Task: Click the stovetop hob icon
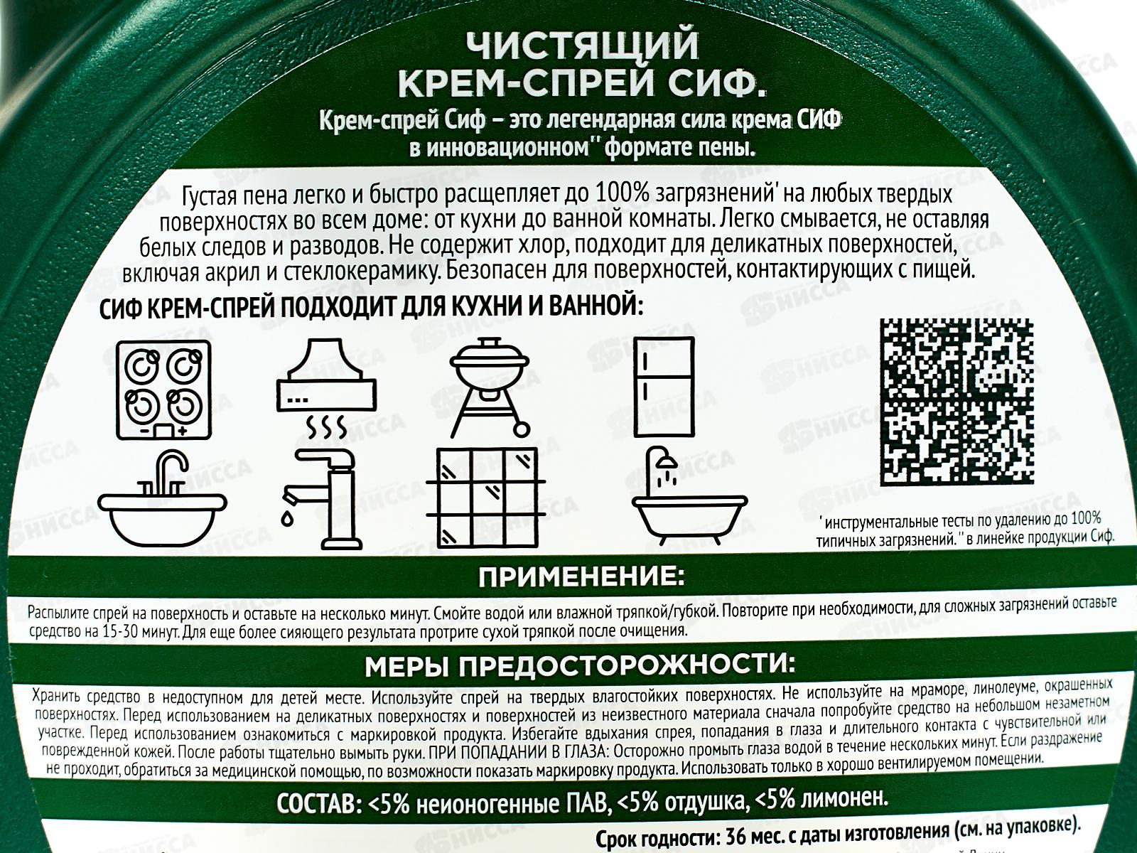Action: tap(163, 390)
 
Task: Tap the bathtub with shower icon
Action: tap(689, 495)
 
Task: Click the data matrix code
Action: tap(957, 402)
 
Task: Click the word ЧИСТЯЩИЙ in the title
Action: tap(582, 46)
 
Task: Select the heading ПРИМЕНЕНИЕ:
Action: tap(581, 577)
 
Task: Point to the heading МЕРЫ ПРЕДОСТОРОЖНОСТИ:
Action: tap(580, 666)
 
